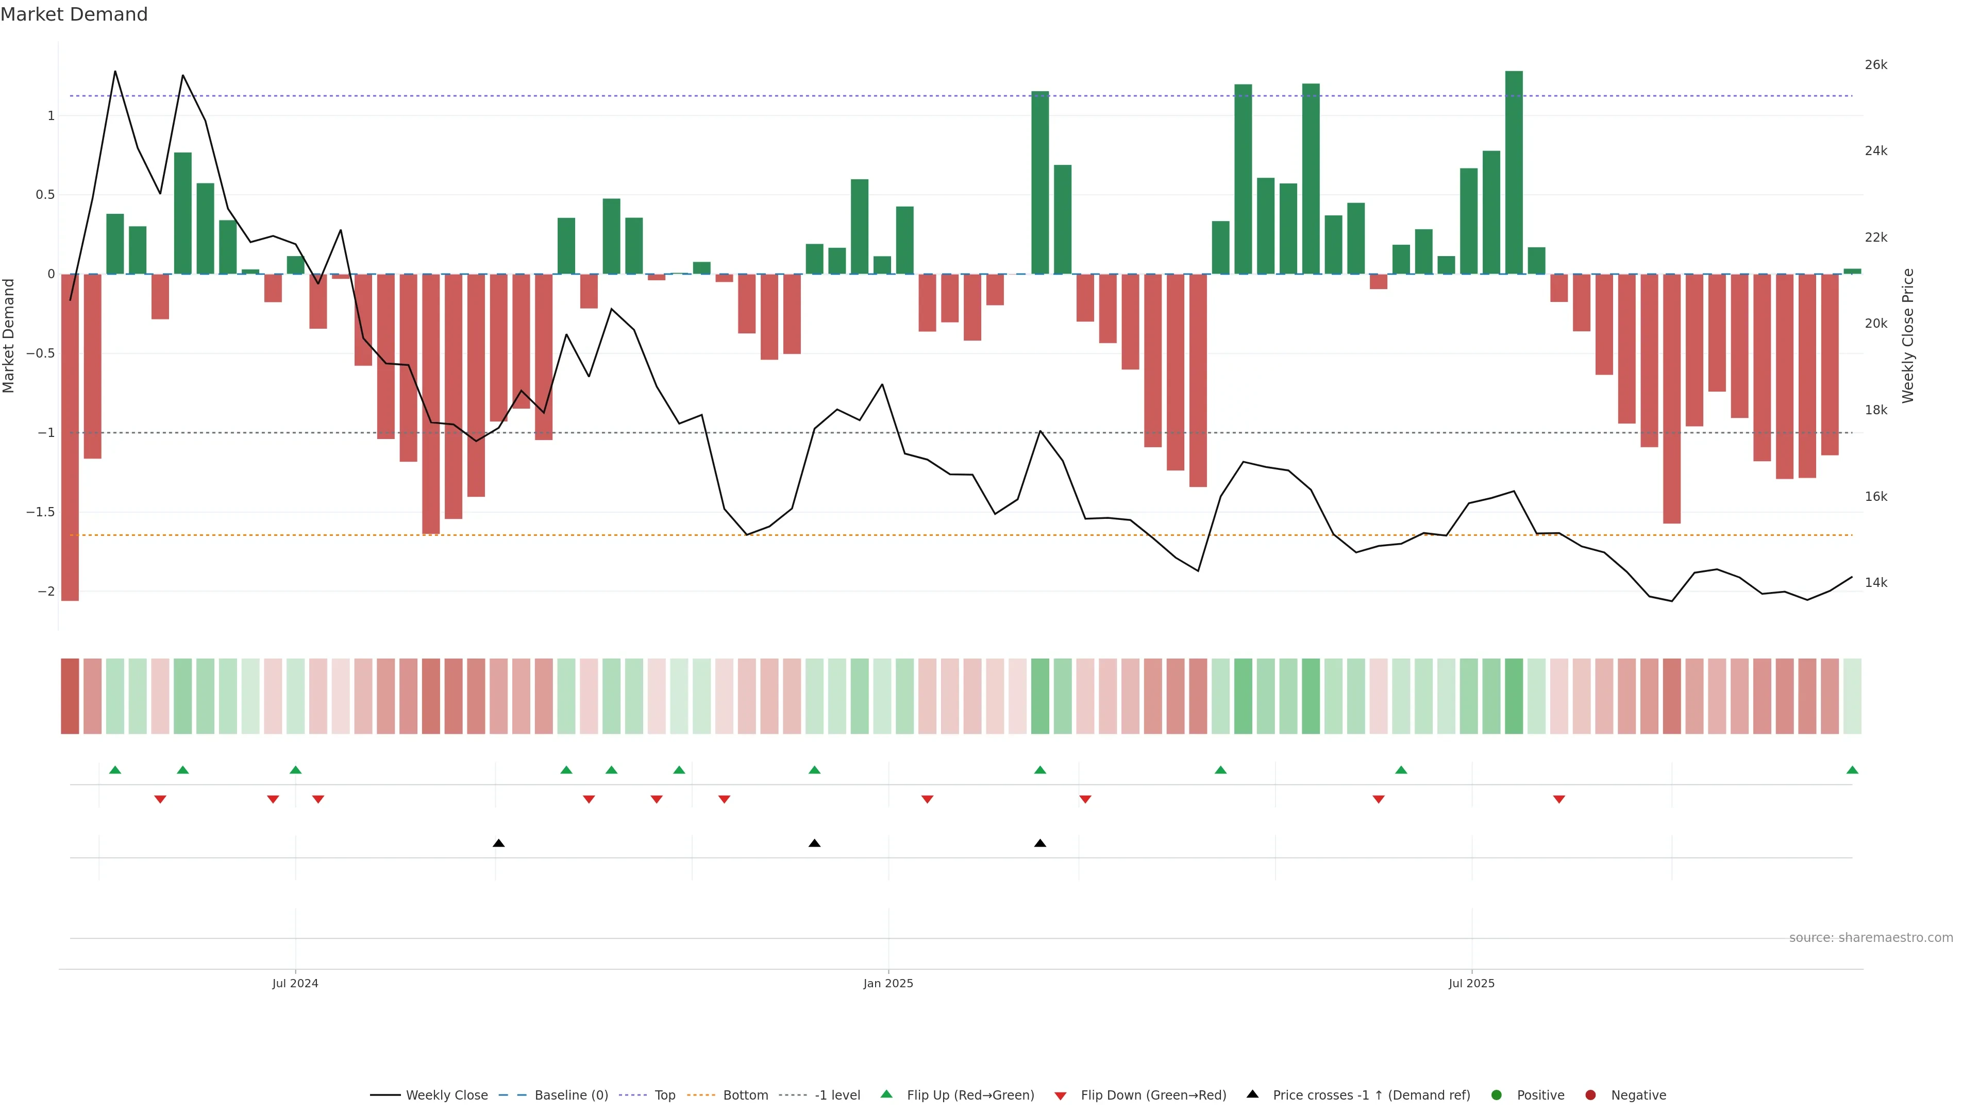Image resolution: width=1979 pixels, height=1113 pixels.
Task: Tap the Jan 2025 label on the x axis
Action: [x=888, y=983]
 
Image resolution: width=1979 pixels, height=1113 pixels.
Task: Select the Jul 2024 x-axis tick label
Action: [x=295, y=983]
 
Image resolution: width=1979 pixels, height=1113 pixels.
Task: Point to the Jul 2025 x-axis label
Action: [x=1471, y=983]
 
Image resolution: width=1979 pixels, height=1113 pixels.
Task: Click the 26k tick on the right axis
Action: [x=1875, y=64]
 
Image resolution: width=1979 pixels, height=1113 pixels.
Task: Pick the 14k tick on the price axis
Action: [x=1875, y=582]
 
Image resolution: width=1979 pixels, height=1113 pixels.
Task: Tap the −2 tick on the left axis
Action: [x=46, y=592]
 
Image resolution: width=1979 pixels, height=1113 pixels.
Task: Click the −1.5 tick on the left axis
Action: [x=40, y=512]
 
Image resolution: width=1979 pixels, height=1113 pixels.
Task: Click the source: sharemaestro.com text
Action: [x=1871, y=938]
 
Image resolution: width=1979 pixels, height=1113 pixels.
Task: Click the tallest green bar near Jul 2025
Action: [x=1514, y=172]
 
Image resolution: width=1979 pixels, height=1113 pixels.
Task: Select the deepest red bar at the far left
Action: [x=70, y=438]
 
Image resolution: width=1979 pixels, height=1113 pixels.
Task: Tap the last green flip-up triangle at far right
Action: [x=1852, y=770]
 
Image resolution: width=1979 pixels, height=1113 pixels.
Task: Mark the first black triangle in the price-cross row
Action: [x=498, y=844]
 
